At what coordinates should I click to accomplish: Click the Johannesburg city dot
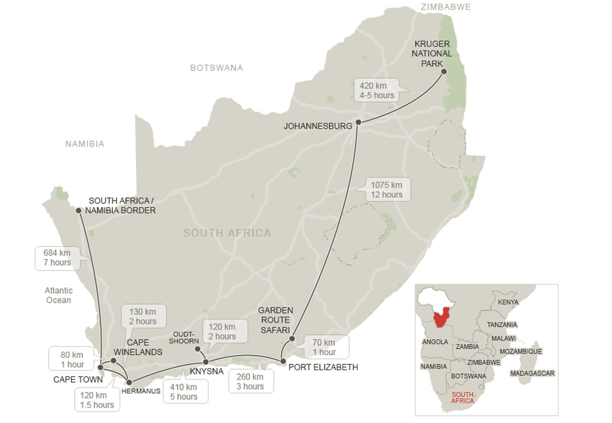pos(358,122)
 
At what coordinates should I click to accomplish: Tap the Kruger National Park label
pos(432,54)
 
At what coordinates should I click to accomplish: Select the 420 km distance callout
pos(377,91)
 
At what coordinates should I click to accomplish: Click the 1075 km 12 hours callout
pos(387,190)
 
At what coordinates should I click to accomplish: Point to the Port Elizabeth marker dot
pos(283,361)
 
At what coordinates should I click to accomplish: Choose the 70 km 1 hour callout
pos(324,347)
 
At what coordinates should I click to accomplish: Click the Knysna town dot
pos(206,362)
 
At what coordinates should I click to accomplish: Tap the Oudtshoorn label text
pos(184,338)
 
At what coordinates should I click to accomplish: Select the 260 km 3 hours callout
pos(251,381)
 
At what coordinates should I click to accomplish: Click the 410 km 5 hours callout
pos(184,392)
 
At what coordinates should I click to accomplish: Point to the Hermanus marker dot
pos(129,382)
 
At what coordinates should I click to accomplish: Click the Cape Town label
pos(78,379)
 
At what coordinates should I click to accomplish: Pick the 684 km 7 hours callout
pos(57,258)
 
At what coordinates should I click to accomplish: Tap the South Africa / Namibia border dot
pos(78,210)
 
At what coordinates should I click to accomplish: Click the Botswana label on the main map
pos(216,68)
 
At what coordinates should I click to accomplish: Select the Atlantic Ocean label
pos(59,295)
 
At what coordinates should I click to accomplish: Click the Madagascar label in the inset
pos(532,373)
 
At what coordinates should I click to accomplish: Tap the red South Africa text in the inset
pos(462,397)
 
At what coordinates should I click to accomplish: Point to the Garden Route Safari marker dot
pos(292,338)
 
